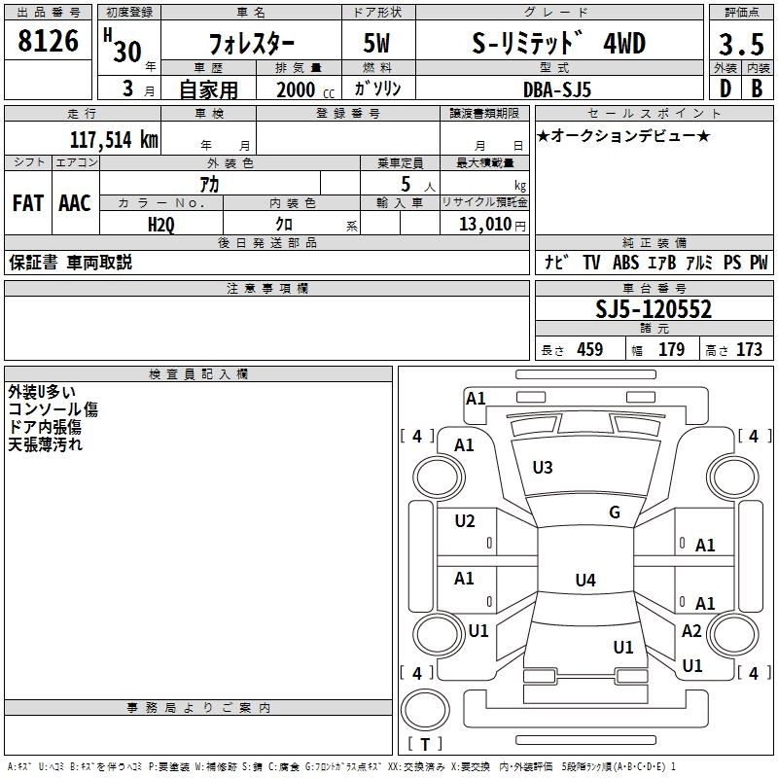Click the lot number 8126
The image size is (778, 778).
[49, 43]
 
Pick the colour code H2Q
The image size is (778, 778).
[161, 224]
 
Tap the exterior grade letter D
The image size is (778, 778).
[725, 88]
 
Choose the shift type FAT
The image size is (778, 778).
[27, 203]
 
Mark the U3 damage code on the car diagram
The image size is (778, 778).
[543, 468]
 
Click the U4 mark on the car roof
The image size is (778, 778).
[584, 581]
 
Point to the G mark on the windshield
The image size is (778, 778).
[615, 513]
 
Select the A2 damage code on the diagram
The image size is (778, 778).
[691, 631]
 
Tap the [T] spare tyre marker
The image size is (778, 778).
[425, 745]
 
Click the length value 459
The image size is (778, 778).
[590, 350]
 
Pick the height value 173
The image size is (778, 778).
[749, 350]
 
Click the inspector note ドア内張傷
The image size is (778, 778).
[45, 427]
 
